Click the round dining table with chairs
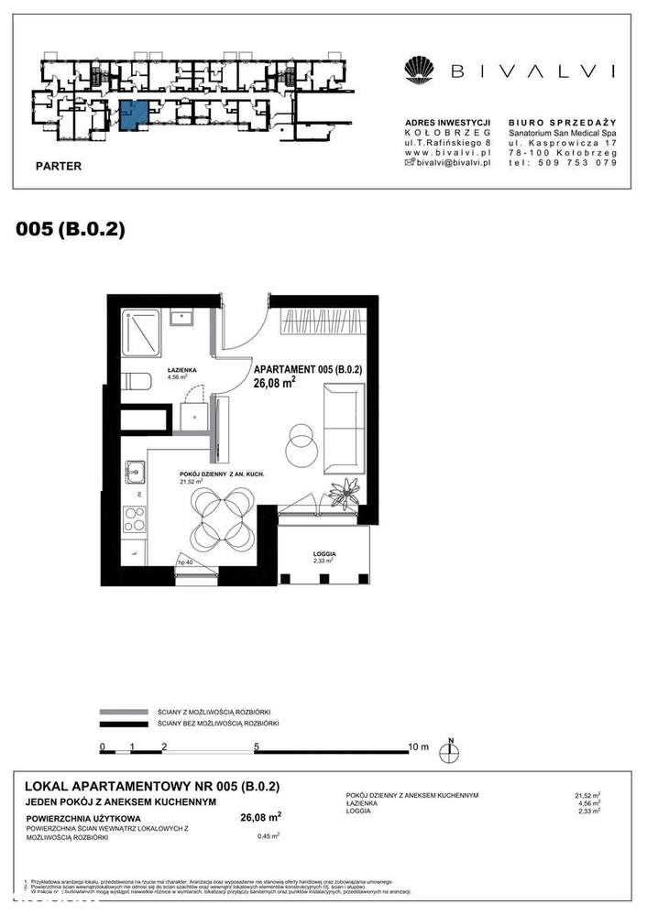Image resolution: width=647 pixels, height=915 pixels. pyautogui.click(x=223, y=515)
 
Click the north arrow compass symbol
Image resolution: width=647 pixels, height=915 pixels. pyautogui.click(x=451, y=749)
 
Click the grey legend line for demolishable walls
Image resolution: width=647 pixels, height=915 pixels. pyautogui.click(x=125, y=711)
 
